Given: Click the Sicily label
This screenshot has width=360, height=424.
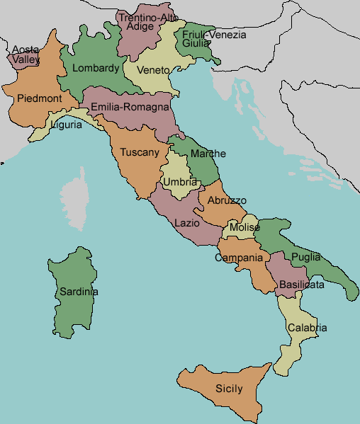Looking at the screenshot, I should [x=229, y=389].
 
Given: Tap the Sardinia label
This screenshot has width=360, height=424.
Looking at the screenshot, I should [x=79, y=292].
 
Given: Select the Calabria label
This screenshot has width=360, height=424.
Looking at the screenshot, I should [x=308, y=328].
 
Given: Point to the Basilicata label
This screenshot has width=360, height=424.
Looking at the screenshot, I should [x=302, y=285].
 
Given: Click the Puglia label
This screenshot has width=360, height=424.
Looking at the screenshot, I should [x=306, y=257].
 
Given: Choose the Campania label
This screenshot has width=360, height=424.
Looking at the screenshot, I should [x=239, y=258].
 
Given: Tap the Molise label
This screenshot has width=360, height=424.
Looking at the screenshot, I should [x=244, y=228].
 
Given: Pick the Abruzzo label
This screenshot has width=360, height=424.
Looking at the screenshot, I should [x=227, y=200].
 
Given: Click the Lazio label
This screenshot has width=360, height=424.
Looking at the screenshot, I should [x=186, y=222].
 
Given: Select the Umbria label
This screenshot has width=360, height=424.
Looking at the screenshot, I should [x=180, y=182].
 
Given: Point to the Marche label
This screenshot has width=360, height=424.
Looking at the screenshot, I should [x=208, y=154].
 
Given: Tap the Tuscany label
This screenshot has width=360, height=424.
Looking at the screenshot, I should [x=140, y=152].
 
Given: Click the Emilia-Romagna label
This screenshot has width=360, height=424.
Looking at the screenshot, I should [x=130, y=108].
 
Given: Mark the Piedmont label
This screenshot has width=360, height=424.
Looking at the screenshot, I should [x=40, y=98].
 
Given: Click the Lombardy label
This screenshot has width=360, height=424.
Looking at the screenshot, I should [x=96, y=69].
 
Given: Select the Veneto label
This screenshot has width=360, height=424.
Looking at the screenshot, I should [x=153, y=70].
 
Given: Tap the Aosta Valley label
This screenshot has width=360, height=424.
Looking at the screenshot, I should [x=26, y=55].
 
